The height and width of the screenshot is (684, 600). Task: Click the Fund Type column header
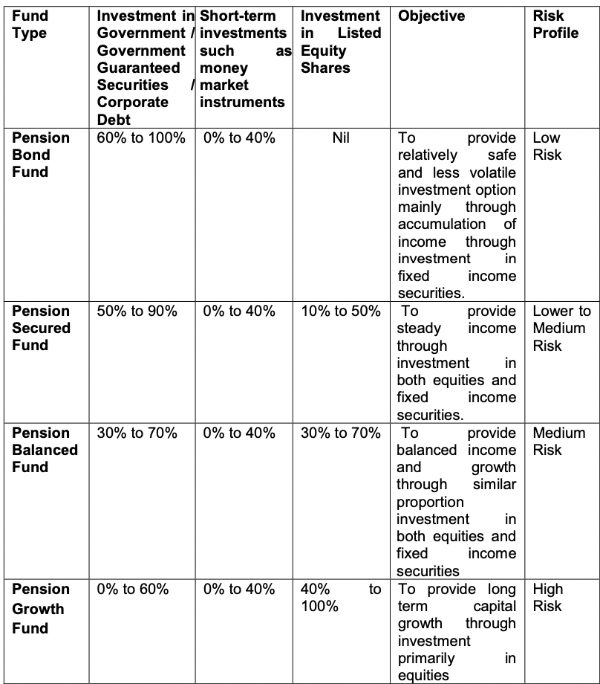[x=30, y=25]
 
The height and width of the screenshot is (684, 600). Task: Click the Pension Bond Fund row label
[x=42, y=155]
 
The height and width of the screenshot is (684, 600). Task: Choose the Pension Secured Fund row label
[x=42, y=328]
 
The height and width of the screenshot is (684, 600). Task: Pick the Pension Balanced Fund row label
[x=45, y=450]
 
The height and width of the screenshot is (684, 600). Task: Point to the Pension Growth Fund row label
[x=42, y=608]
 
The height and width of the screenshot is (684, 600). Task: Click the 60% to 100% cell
[x=141, y=138]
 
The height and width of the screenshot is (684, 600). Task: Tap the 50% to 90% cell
[x=137, y=312]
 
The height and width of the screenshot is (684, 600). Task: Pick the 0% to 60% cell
[x=132, y=590]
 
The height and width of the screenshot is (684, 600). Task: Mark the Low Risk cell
[x=547, y=146]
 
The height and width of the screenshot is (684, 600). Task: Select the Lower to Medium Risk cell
[x=561, y=328]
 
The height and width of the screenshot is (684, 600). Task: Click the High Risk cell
[x=548, y=598]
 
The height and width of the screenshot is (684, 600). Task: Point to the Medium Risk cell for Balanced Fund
[x=558, y=441]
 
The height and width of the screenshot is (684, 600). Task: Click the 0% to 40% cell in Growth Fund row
[x=239, y=590]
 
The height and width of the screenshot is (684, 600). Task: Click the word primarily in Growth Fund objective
[x=426, y=658]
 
